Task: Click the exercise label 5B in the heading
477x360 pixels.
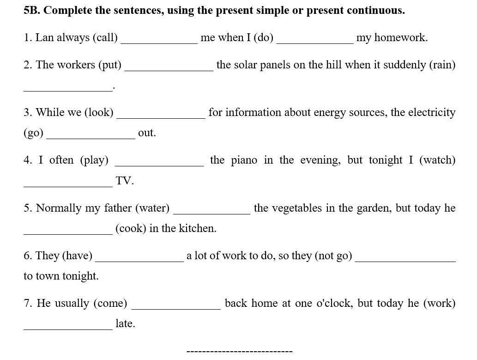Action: point(32,11)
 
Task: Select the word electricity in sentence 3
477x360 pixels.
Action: point(432,113)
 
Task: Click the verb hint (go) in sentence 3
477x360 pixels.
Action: point(33,134)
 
